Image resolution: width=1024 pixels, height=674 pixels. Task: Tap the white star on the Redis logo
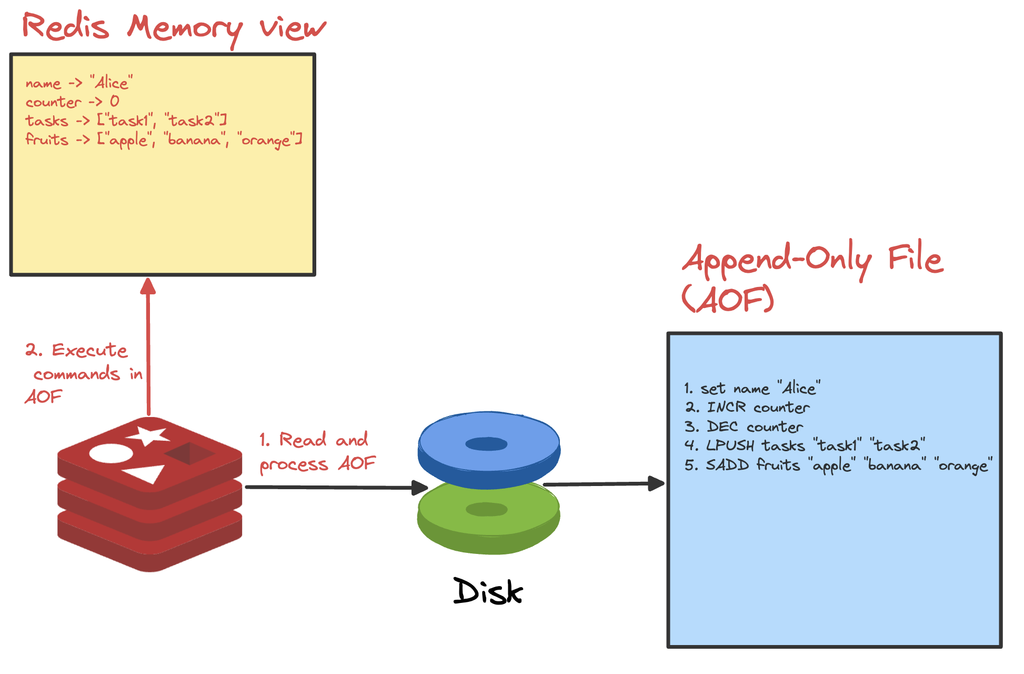[x=148, y=435]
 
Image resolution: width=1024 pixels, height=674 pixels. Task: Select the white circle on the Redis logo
[x=111, y=453]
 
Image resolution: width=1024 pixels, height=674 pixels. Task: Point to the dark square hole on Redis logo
[x=189, y=453]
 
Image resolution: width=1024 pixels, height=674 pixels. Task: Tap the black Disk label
[x=488, y=591]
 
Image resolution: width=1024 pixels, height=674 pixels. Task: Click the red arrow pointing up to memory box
[x=148, y=348]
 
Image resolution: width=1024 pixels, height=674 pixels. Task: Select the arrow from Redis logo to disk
[x=337, y=487]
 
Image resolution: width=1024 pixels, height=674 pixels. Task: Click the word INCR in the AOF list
[x=726, y=407]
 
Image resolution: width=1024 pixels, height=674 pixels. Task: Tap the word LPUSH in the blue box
[x=730, y=445]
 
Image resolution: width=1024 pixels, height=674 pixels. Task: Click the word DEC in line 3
[x=722, y=427]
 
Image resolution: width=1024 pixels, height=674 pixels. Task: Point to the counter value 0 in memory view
[x=114, y=101]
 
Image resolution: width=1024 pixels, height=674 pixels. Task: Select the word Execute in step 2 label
[x=89, y=350]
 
